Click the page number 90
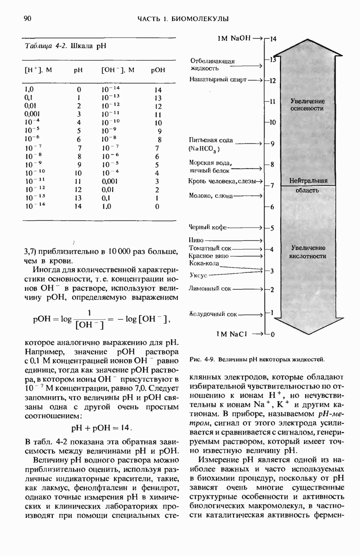[x=27, y=19]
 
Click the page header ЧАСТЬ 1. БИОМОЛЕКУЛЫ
[x=183, y=19]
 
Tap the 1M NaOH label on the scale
[x=234, y=38]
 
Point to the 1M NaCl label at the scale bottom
[x=234, y=334]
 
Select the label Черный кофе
[x=208, y=228]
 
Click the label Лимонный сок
[x=210, y=289]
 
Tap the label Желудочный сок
[x=213, y=314]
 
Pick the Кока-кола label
[x=204, y=263]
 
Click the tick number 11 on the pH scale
[x=272, y=101]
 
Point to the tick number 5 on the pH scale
[x=272, y=228]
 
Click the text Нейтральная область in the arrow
[x=308, y=185]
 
